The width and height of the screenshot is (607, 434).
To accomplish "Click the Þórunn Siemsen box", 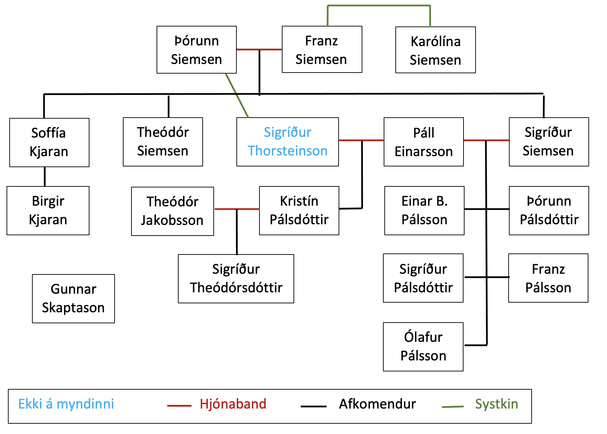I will click(x=196, y=50).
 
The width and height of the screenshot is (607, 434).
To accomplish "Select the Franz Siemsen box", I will click(x=322, y=50).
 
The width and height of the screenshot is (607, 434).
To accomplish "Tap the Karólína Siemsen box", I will click(x=435, y=50).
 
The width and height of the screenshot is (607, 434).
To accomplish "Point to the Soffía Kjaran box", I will click(x=49, y=142).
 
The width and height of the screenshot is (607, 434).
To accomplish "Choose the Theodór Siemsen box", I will click(x=163, y=142).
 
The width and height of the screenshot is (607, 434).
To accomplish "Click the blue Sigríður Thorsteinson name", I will click(x=287, y=142).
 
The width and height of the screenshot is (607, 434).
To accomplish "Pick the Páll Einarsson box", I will click(x=424, y=142).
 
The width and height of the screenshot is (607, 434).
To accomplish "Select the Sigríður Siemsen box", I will click(x=549, y=142).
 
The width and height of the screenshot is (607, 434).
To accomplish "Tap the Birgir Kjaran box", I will click(x=48, y=210).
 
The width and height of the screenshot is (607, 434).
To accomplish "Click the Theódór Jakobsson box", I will click(x=172, y=211).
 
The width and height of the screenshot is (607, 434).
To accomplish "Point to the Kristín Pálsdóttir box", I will click(x=299, y=210).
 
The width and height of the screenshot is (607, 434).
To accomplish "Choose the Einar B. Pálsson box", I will click(x=424, y=210).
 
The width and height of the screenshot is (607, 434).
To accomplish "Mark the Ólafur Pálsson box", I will click(x=423, y=347).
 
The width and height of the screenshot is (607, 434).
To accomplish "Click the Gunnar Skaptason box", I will click(x=73, y=299).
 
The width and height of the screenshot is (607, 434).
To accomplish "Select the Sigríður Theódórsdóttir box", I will click(x=236, y=279).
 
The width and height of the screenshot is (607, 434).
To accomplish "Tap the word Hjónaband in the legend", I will click(x=233, y=404).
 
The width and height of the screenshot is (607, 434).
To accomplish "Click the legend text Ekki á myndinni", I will click(x=66, y=404).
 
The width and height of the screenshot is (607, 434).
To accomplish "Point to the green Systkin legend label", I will click(x=496, y=404).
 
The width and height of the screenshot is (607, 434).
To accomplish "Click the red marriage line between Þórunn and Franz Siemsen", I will click(x=248, y=50).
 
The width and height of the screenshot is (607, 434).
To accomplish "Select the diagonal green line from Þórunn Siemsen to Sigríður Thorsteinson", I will click(x=237, y=95).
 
